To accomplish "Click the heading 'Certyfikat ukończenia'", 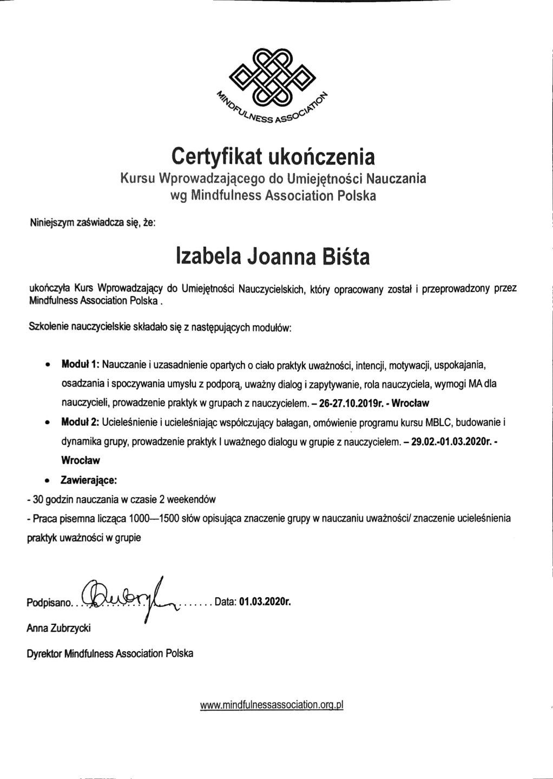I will click(273, 156).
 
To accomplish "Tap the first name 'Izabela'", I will click(208, 256).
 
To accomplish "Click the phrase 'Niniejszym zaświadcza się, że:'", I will click(92, 222).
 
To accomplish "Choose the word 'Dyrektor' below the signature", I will click(44, 653).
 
